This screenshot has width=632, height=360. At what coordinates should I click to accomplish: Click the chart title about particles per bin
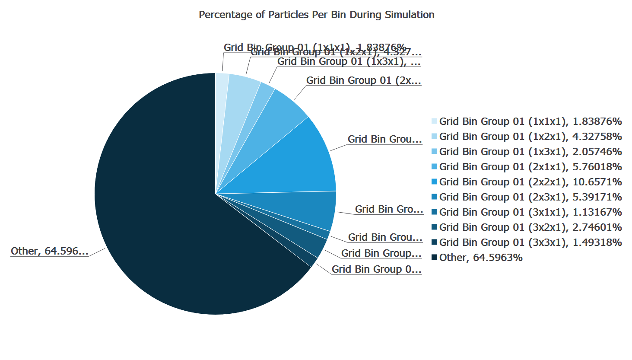click(316, 15)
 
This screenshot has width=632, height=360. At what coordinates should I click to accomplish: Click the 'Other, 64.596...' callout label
click(49, 251)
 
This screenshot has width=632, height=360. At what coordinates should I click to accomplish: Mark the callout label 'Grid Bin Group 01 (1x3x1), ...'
click(349, 62)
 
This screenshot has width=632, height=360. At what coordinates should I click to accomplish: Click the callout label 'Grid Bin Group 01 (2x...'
click(363, 80)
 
